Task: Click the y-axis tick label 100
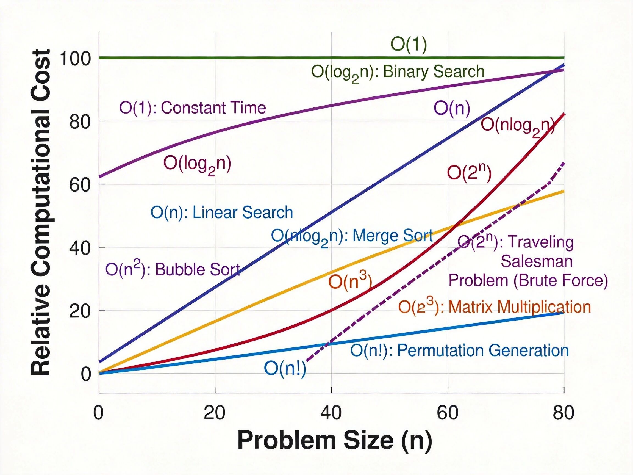tap(75, 59)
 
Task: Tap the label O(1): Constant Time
tap(193, 108)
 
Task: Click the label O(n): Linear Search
tap(222, 213)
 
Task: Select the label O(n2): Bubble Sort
tap(173, 269)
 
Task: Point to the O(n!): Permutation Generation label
tap(460, 351)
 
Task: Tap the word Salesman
tap(537, 261)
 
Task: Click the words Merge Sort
tap(393, 236)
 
